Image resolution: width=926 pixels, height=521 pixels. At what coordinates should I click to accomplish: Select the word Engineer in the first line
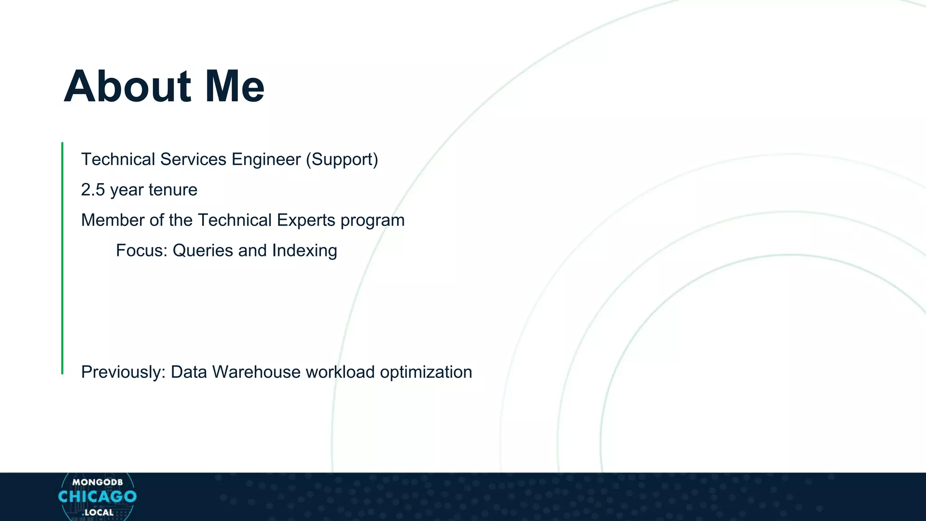[x=266, y=160]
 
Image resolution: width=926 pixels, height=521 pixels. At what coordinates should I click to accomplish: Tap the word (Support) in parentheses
[x=342, y=160]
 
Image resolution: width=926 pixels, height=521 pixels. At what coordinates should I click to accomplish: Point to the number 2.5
[x=93, y=190]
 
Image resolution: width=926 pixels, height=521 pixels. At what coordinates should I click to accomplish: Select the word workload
[x=340, y=372]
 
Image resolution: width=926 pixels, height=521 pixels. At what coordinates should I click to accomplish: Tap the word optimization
[x=426, y=373]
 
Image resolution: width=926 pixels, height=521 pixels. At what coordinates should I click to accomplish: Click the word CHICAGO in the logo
[x=97, y=497]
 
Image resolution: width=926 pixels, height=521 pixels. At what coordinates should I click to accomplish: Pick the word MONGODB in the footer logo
[x=97, y=482]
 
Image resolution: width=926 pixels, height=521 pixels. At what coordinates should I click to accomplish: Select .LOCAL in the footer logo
[x=98, y=512]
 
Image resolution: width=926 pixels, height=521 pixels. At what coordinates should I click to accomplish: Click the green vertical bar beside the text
[x=62, y=258]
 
